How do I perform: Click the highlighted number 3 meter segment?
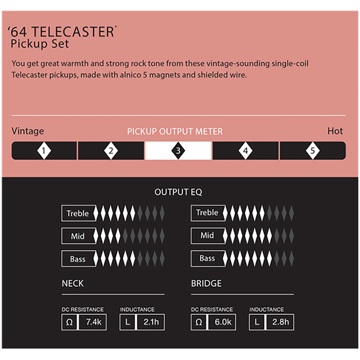point(178,151)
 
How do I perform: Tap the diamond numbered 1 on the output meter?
point(44,151)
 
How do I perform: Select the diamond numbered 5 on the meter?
point(313,151)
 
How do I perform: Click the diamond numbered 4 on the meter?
point(245,151)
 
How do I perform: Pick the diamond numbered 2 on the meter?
point(111,151)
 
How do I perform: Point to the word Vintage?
point(28,131)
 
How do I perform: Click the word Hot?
point(335,131)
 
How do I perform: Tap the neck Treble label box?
point(78,213)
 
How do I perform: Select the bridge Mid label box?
point(208,235)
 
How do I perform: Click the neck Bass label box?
point(78,258)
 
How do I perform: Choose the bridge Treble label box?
point(208,213)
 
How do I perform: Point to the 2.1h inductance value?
point(151,322)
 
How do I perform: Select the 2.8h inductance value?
point(280,322)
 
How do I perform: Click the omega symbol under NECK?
point(69,322)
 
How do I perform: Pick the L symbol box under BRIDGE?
point(257,322)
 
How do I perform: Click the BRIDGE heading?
point(206,283)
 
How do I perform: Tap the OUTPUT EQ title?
point(178,192)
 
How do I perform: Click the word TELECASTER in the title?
point(73,31)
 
